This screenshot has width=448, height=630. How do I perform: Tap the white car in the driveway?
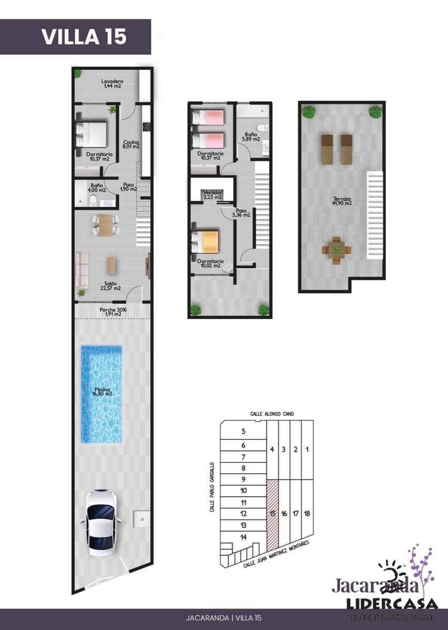101,522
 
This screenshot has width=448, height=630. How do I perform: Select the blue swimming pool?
101,393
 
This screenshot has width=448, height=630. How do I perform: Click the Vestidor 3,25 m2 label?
212,195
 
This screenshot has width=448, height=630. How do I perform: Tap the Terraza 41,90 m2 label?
341,201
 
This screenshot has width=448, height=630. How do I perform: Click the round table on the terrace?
336,248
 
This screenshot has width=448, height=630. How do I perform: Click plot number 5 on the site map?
243,432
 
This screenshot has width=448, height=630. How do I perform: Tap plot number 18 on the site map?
307,513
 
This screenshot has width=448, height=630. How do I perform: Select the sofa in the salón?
82,269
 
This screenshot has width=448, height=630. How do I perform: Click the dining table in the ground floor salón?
106,225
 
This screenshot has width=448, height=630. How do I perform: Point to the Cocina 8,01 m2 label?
131,144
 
